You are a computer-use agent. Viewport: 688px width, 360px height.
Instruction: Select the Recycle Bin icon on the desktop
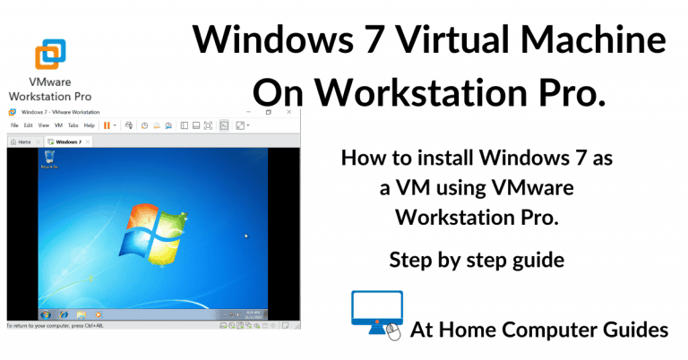pyautogui.click(x=47, y=159)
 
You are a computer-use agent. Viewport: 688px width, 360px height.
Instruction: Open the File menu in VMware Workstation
pyautogui.click(x=14, y=125)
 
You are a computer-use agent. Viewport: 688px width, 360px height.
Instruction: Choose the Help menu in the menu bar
pyautogui.click(x=89, y=125)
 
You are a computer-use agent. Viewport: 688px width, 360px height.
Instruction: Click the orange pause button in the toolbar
pyautogui.click(x=107, y=125)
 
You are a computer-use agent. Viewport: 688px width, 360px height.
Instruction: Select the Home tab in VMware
pyautogui.click(x=21, y=141)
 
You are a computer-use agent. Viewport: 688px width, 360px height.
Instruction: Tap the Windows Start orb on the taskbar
pyautogui.click(x=41, y=315)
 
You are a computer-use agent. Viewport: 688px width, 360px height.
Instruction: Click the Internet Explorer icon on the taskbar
pyautogui.click(x=64, y=315)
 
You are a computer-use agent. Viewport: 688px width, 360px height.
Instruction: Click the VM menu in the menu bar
pyautogui.click(x=58, y=125)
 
